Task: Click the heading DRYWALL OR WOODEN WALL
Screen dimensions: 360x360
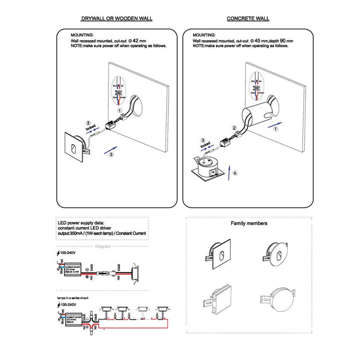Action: (x=116, y=18)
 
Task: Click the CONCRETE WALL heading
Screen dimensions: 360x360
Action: (x=248, y=18)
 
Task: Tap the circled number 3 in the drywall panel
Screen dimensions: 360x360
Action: (x=111, y=154)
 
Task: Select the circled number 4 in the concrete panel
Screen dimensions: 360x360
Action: (x=235, y=173)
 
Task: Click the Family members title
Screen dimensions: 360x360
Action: (x=249, y=223)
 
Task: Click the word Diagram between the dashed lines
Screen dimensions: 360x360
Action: (x=103, y=247)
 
